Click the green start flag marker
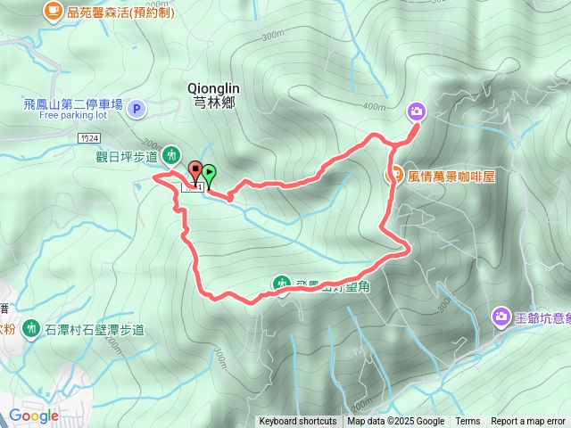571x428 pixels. (x=209, y=175)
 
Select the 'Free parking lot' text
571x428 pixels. (x=73, y=116)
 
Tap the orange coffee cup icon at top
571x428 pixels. (x=53, y=11)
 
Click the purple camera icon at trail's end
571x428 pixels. (x=417, y=111)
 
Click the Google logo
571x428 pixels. (x=34, y=416)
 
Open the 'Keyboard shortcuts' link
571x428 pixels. (x=298, y=422)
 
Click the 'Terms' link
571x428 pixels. (x=468, y=422)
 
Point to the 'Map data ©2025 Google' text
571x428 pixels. (x=396, y=422)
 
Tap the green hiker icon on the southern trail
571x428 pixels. (x=281, y=284)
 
